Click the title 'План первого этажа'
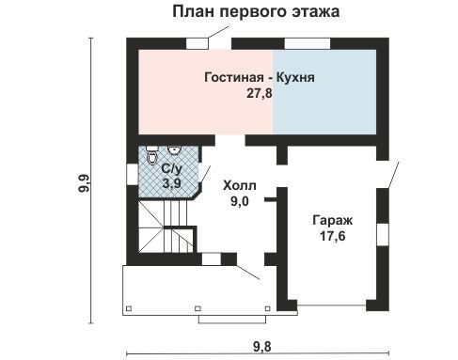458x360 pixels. coord(256,12)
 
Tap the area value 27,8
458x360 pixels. coord(260,93)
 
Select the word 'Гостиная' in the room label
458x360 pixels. coord(234,77)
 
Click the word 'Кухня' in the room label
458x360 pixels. coord(295,77)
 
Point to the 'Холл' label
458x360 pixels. coord(240,186)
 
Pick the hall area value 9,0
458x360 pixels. coord(240,201)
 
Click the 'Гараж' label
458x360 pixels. coord(333,221)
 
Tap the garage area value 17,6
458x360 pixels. coord(333,236)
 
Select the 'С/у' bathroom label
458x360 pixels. coord(171,169)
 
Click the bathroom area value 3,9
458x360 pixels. coord(171,183)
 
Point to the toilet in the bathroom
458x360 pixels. coord(151,155)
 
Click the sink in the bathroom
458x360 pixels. coord(174,150)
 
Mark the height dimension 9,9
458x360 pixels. coord(84,183)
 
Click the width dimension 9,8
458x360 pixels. coord(262,347)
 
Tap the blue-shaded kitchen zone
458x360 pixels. coord(324,92)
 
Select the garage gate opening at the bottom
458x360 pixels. coord(332,305)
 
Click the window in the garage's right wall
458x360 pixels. coord(383,235)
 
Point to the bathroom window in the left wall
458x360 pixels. coord(133,175)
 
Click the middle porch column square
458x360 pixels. coord(197,308)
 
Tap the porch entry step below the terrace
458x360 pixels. coord(232,319)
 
